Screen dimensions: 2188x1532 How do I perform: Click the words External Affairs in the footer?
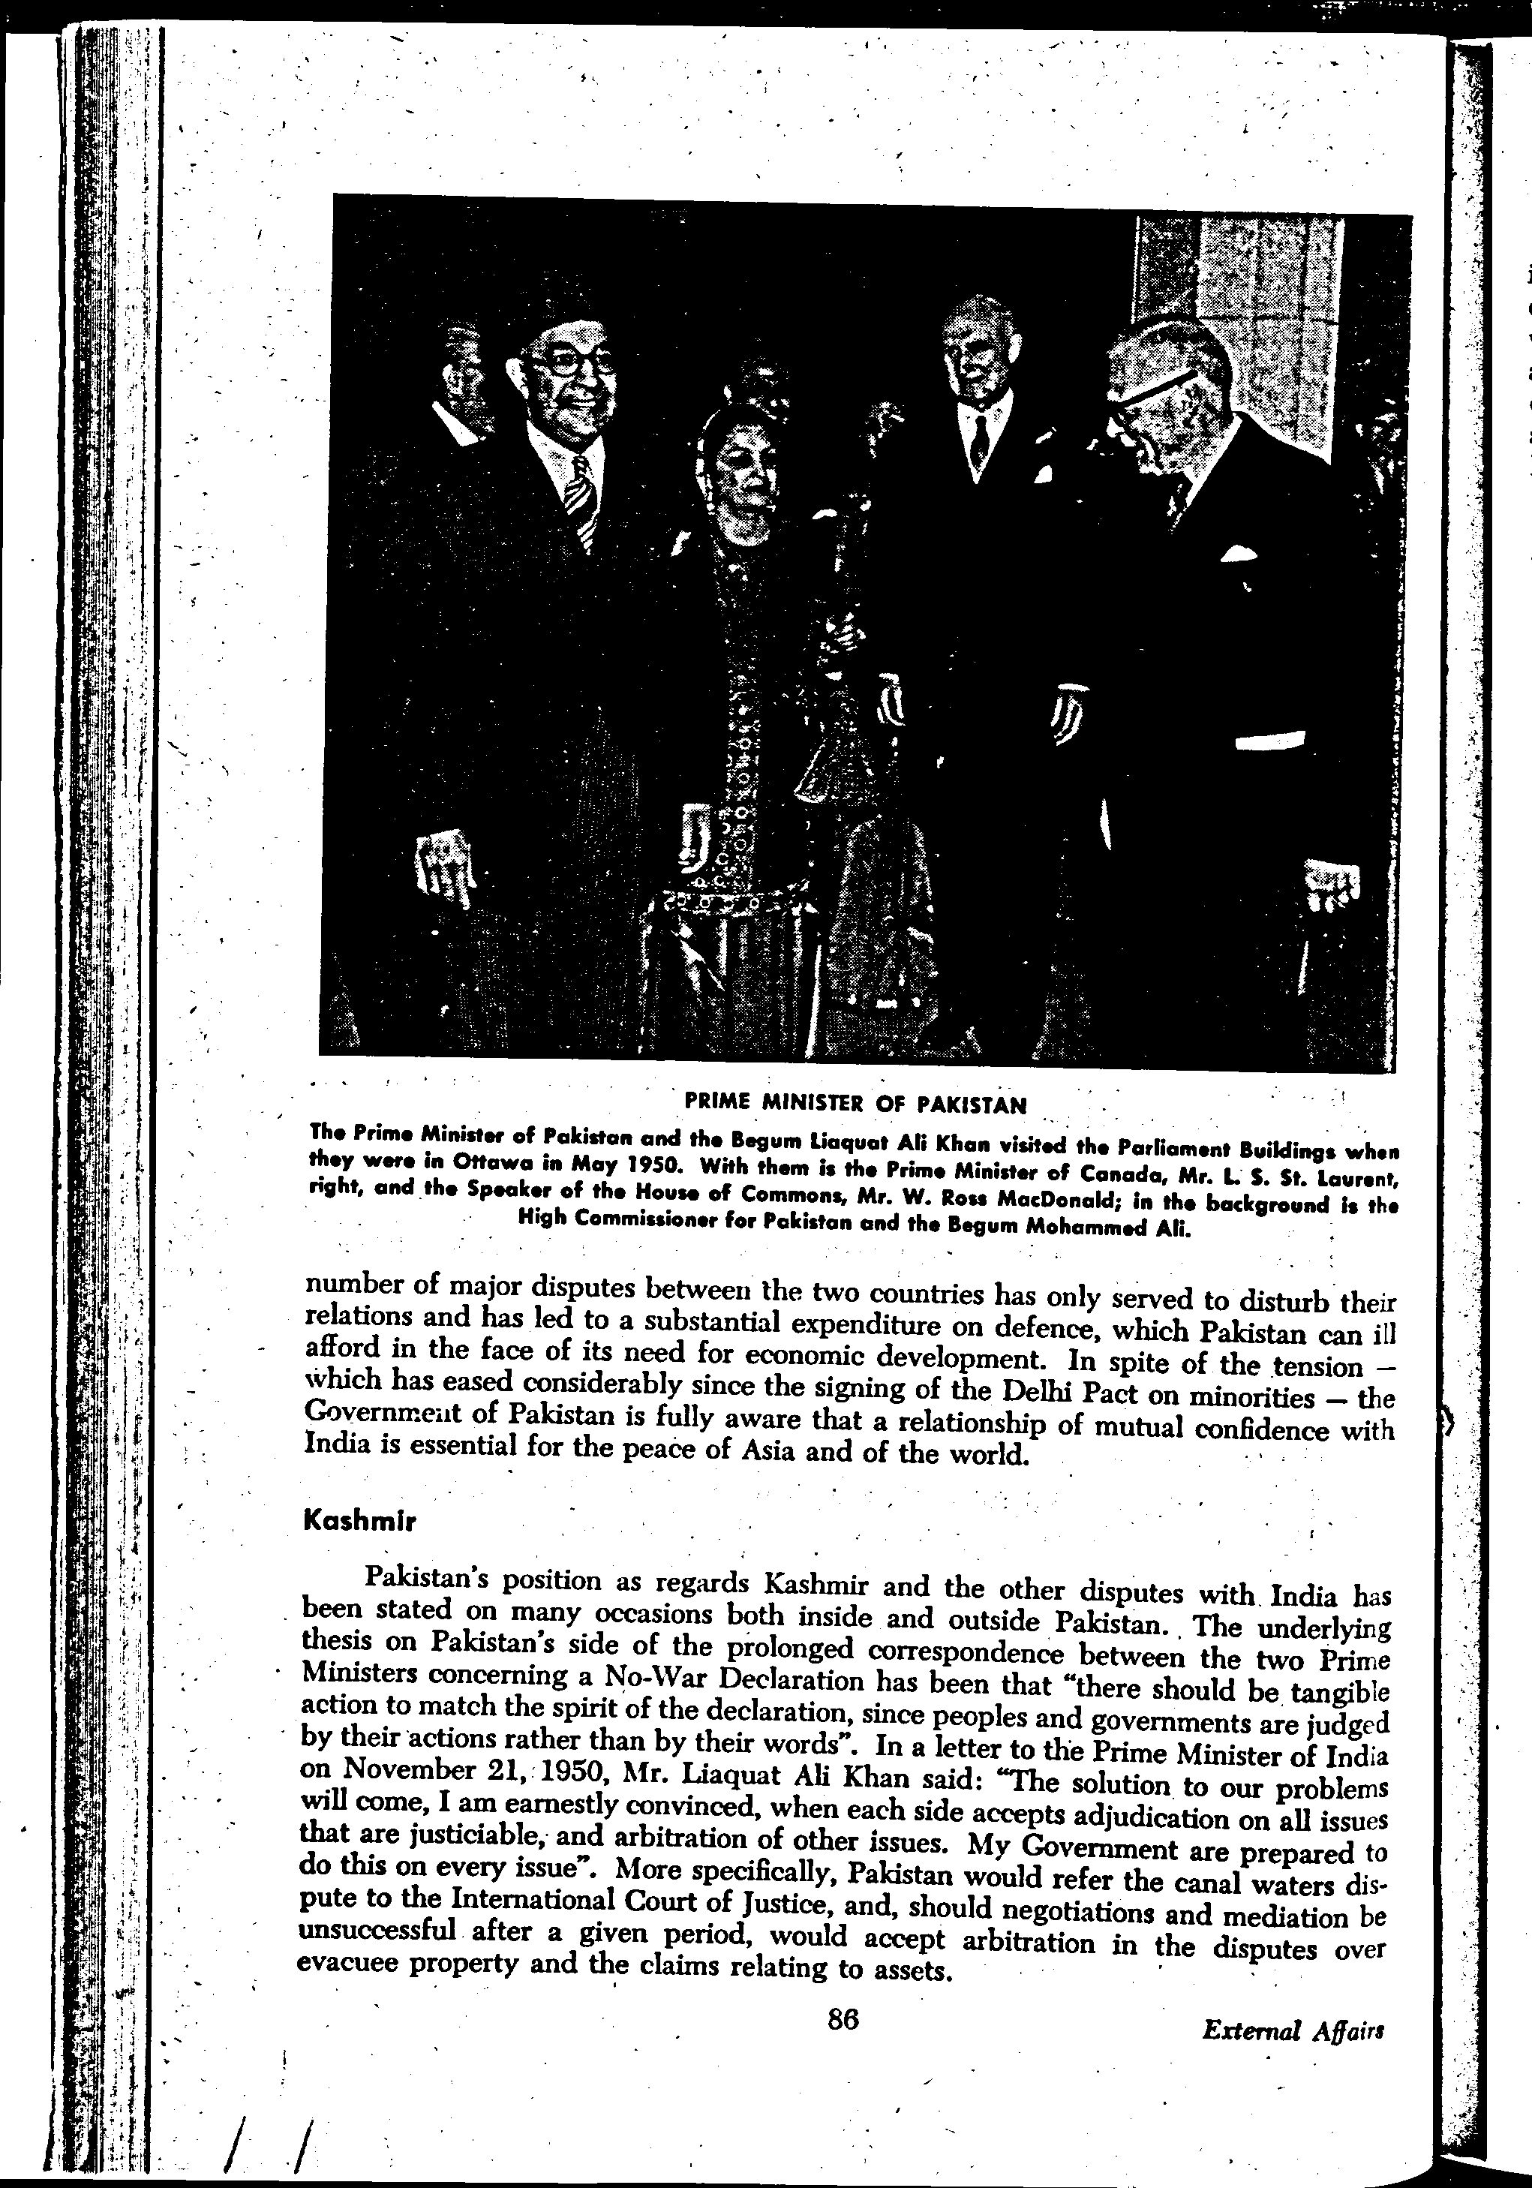coord(1293,2057)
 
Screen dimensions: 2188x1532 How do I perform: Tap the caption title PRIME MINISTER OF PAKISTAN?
coord(855,1105)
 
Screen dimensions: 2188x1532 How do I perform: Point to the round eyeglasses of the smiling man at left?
coord(572,362)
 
